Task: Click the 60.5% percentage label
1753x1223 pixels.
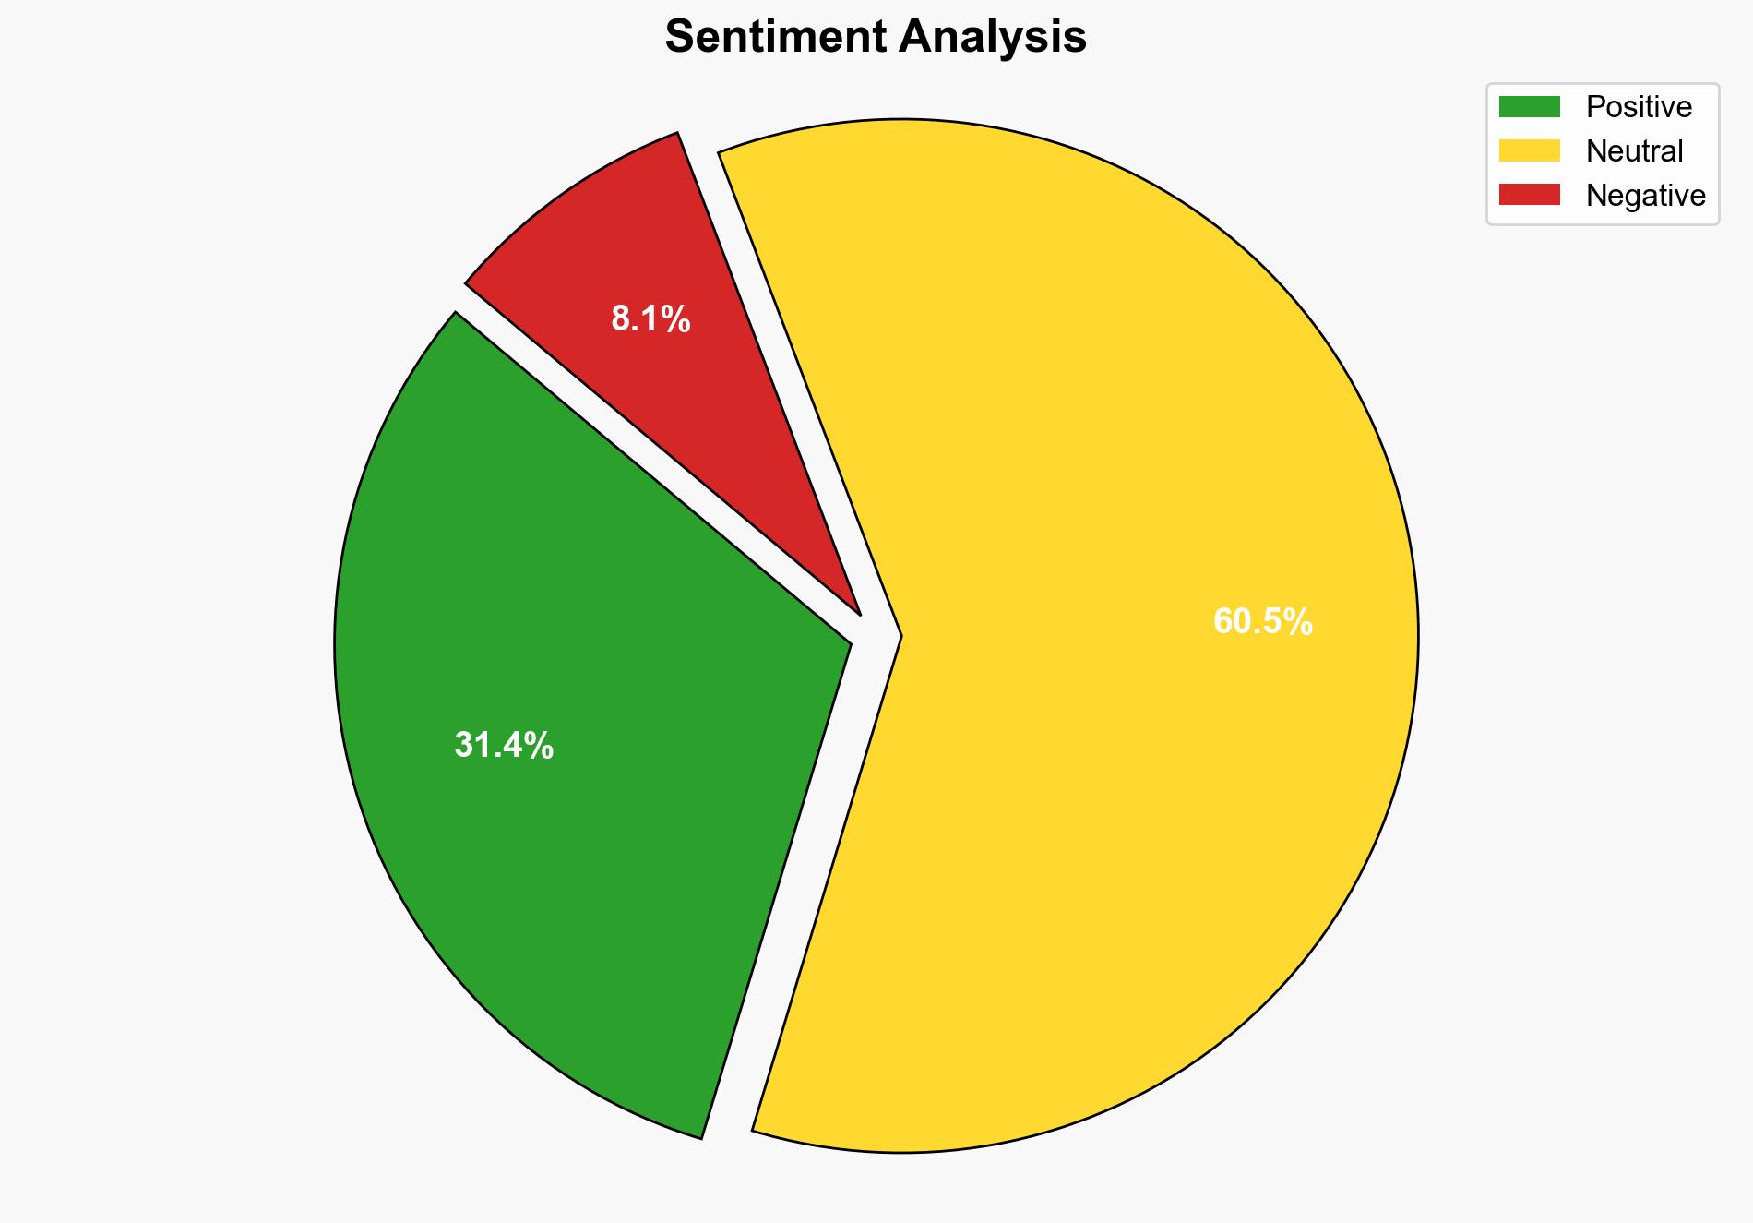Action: click(x=1262, y=622)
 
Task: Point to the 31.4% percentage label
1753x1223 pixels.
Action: click(x=504, y=745)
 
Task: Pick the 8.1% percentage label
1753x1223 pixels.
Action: click(x=650, y=319)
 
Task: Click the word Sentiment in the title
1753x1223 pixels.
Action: click(x=777, y=37)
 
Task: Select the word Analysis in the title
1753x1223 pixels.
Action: click(x=993, y=37)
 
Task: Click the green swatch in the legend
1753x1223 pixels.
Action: click(x=1529, y=107)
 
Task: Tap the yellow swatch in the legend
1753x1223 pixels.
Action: click(x=1529, y=150)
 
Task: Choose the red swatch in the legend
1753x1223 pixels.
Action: click(x=1529, y=195)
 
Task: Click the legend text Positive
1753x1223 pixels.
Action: click(x=1639, y=107)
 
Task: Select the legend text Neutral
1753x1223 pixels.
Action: click(x=1634, y=150)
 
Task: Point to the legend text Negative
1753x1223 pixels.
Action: click(x=1645, y=195)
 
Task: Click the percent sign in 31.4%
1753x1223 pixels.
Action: click(x=540, y=745)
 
